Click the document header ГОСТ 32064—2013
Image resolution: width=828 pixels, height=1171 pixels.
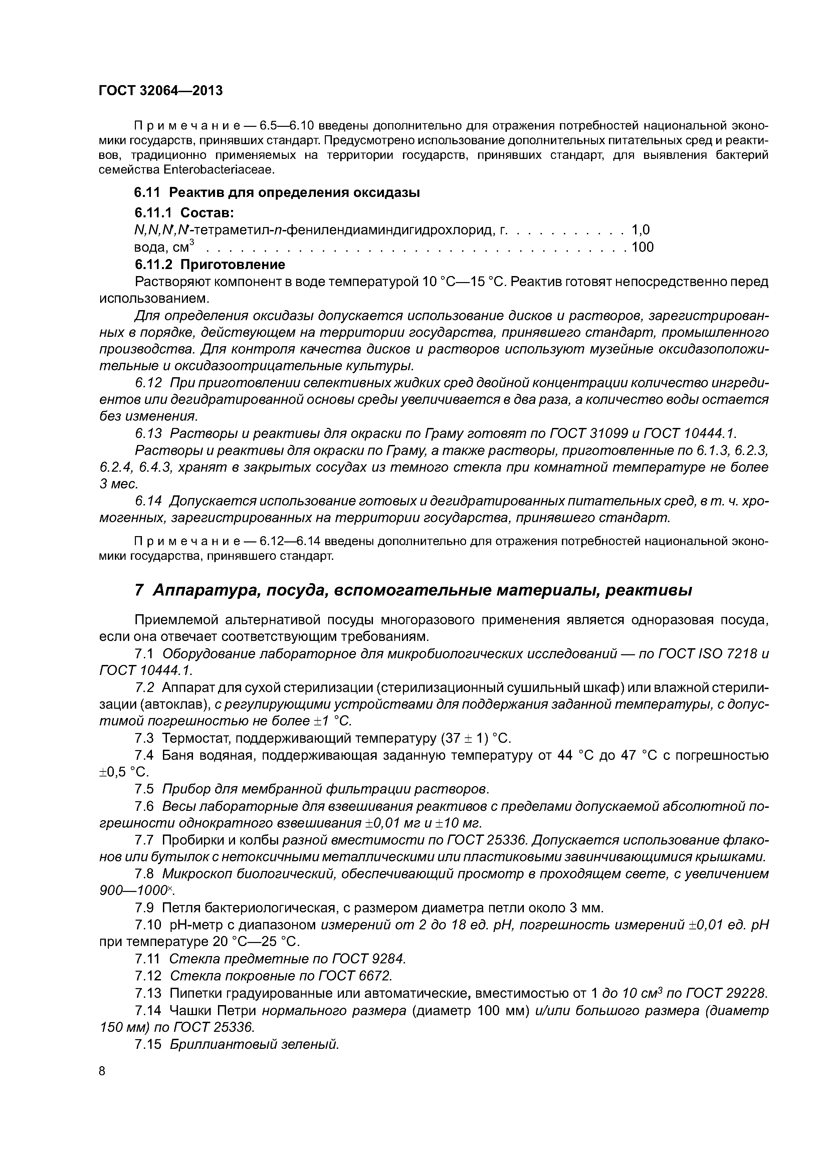point(161,91)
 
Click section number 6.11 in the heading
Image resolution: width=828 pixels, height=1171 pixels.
point(147,193)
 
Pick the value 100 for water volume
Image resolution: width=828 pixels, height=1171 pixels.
point(643,247)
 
